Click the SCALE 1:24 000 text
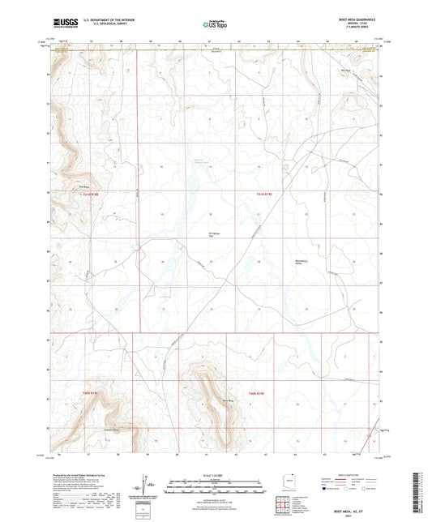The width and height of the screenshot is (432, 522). click(x=216, y=474)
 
